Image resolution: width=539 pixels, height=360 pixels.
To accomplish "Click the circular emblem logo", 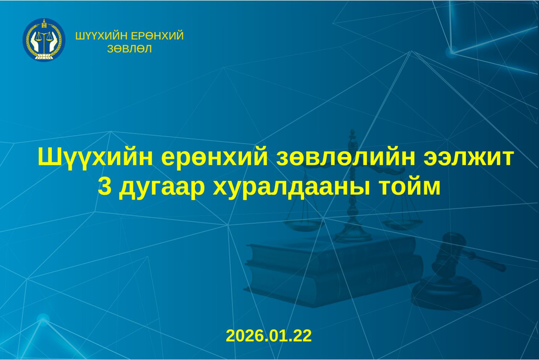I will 44,40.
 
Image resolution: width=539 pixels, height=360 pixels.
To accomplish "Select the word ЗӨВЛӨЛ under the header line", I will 130,49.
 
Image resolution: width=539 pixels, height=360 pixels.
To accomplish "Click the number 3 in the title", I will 104,188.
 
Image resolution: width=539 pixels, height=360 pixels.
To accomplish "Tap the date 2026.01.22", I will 269,336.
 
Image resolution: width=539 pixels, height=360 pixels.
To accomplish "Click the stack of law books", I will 333,270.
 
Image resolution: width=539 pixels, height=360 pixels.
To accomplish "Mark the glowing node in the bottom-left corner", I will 43,320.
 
